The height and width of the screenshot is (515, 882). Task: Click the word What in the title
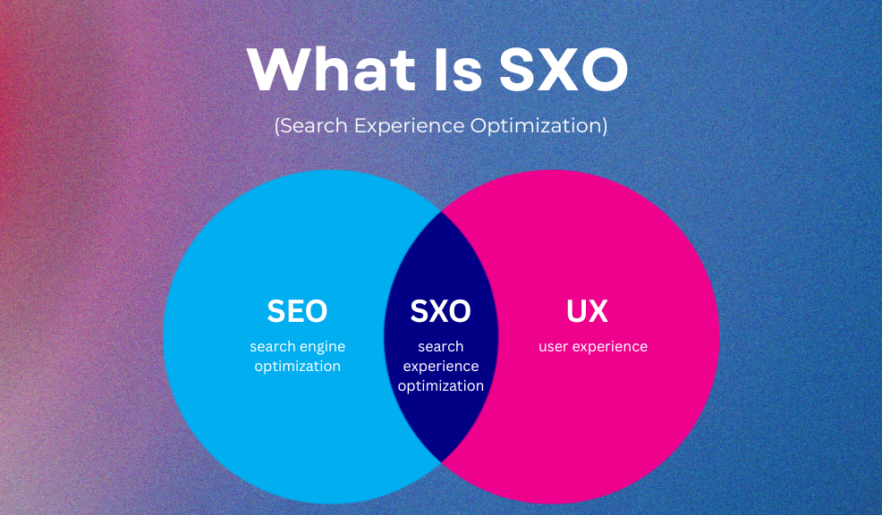tap(331, 69)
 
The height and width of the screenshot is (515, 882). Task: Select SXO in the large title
tap(564, 69)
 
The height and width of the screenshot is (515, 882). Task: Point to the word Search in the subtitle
tap(313, 125)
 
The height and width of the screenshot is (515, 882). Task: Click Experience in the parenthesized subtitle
tap(409, 126)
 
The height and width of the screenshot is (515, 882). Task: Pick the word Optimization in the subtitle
tap(537, 126)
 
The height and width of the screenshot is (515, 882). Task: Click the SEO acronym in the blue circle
tap(297, 311)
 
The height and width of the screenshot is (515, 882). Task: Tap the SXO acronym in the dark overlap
tap(440, 311)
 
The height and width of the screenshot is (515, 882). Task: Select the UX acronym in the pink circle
tap(587, 311)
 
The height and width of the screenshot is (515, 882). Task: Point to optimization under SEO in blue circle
tap(298, 367)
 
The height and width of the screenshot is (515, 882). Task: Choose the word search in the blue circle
tap(273, 346)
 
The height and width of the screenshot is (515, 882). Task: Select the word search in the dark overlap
tap(441, 346)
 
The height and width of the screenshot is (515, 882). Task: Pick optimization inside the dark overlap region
tap(441, 386)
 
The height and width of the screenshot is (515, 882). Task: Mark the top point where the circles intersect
tap(441, 212)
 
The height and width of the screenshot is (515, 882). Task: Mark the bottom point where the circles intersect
tap(441, 462)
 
